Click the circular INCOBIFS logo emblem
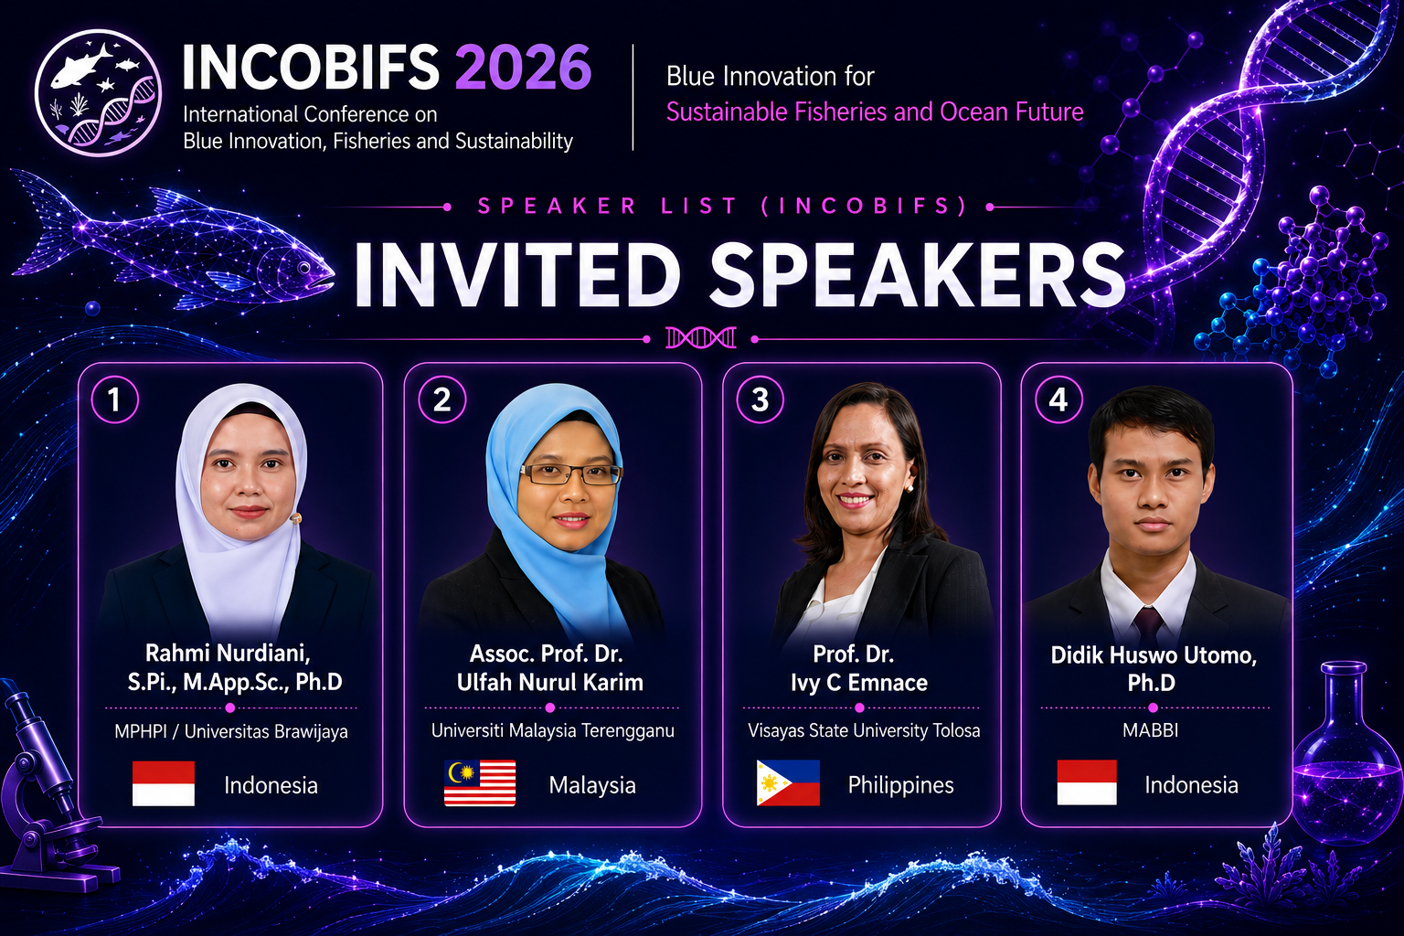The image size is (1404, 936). pos(99,93)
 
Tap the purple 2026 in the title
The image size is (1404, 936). pos(523,67)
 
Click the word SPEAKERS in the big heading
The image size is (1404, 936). pos(917,275)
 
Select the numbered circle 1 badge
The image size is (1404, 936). pos(114,399)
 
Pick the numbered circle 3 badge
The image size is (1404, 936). pos(760,399)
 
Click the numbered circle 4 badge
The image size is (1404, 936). pos(1058,399)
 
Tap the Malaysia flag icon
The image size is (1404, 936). pos(480,783)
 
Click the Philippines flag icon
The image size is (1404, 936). pos(788,783)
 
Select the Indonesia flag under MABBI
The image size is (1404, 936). pos(1087,782)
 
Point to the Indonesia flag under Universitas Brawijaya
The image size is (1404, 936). pos(164,783)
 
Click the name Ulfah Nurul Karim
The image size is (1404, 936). pos(549,682)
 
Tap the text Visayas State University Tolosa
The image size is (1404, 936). pos(864,731)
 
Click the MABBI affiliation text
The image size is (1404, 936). pos(1150,730)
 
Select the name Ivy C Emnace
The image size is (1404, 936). pos(858,683)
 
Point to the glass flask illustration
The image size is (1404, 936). pos(1346,752)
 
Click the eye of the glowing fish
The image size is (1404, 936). pos(304,268)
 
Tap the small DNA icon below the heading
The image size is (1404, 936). pos(701,338)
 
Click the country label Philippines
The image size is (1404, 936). pos(900,785)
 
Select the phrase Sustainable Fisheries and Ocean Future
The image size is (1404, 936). pos(875,112)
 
